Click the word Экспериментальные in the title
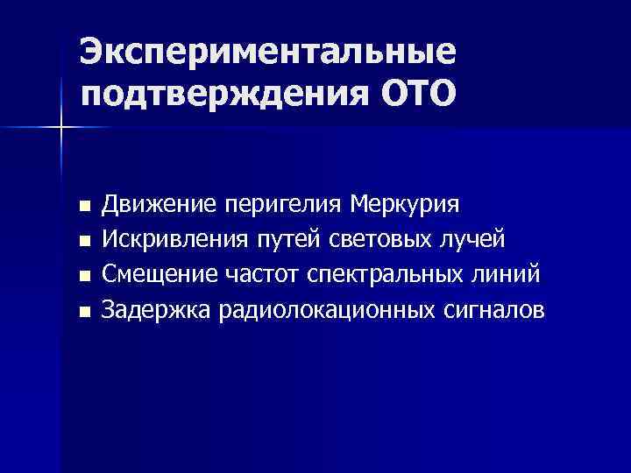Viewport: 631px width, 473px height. [267, 53]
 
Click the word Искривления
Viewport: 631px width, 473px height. [170, 239]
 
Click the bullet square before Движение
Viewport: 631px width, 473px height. [84, 207]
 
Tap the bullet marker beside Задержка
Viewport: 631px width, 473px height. [84, 311]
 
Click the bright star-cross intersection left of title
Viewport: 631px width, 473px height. [61, 128]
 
